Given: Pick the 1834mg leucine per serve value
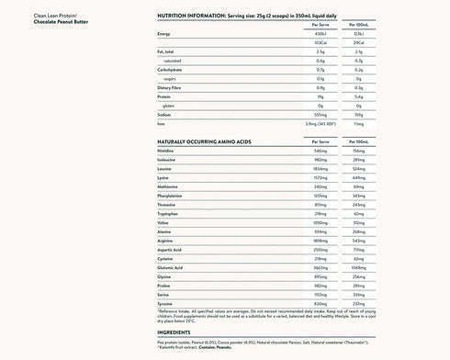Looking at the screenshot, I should tap(321, 170).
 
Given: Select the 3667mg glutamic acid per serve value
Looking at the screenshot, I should tap(321, 265).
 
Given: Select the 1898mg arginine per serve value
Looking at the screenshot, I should tap(321, 239).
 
